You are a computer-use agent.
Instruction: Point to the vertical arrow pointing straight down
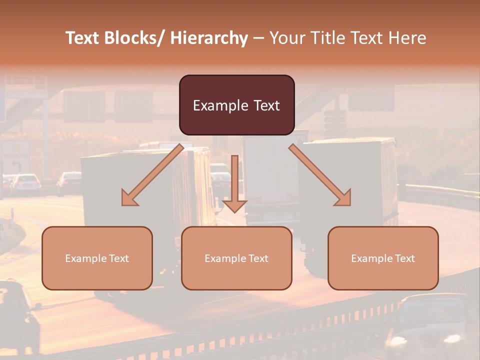[x=234, y=182]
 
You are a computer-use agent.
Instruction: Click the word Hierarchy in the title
[x=209, y=38]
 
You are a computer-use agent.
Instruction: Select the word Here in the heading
[x=408, y=38]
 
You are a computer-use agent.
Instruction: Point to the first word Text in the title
[x=83, y=38]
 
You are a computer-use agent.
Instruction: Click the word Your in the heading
[x=286, y=38]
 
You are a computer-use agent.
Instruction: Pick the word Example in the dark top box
[x=220, y=106]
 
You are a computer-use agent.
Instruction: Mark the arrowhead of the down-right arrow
[x=343, y=198]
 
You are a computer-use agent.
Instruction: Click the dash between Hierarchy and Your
[x=258, y=38]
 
